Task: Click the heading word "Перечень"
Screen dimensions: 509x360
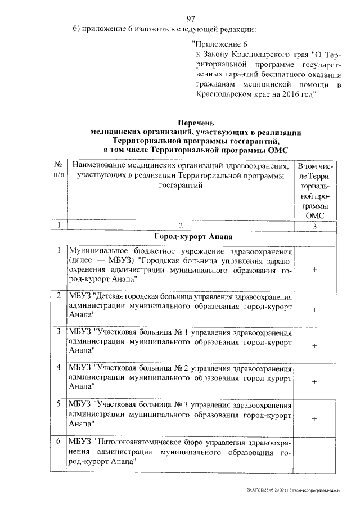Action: [196, 122]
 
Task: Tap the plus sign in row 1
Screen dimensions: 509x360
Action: [314, 270]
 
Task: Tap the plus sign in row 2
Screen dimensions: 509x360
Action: [314, 309]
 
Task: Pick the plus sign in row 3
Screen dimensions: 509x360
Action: [314, 345]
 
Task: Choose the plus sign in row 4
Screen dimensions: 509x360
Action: [314, 381]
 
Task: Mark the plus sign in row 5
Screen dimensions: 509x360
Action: [314, 418]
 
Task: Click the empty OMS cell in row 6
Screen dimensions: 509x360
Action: [314, 453]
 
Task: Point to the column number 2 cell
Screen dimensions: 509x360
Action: [179, 226]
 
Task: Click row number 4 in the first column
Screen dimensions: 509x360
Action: [58, 367]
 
